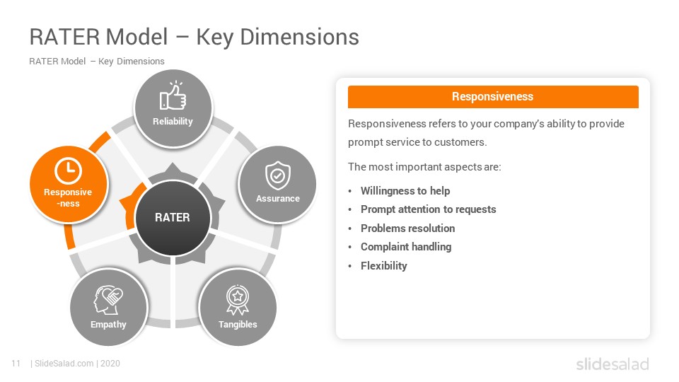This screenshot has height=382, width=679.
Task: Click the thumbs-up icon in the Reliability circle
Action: pyautogui.click(x=173, y=96)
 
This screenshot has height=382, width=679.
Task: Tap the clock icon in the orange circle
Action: pyautogui.click(x=68, y=170)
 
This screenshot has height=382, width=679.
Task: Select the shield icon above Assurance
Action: pyautogui.click(x=277, y=175)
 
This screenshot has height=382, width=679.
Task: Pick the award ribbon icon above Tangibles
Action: pyautogui.click(x=238, y=300)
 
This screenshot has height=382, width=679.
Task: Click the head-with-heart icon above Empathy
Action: pyautogui.click(x=108, y=300)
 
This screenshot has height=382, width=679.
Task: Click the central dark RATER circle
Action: pyautogui.click(x=173, y=217)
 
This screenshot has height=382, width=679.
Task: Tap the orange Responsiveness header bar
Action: pyautogui.click(x=493, y=97)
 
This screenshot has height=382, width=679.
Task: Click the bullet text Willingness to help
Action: pyautogui.click(x=405, y=191)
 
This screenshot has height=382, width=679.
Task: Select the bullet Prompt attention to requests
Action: pyautogui.click(x=429, y=209)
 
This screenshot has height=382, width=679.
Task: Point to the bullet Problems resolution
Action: pyautogui.click(x=408, y=228)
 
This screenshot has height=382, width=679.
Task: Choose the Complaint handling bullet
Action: pyautogui.click(x=406, y=247)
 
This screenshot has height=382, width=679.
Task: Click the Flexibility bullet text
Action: pyautogui.click(x=384, y=266)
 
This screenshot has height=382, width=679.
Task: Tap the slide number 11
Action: pyautogui.click(x=16, y=364)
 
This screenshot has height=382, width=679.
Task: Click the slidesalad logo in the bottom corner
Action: pyautogui.click(x=613, y=364)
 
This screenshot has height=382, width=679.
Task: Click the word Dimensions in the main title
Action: pyautogui.click(x=300, y=37)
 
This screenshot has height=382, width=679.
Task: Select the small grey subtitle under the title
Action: pyautogui.click(x=97, y=62)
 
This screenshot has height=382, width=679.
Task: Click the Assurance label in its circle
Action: pyautogui.click(x=277, y=199)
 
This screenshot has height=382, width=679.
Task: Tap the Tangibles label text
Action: pyautogui.click(x=238, y=325)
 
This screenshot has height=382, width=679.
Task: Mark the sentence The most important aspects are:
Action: pyautogui.click(x=424, y=167)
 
